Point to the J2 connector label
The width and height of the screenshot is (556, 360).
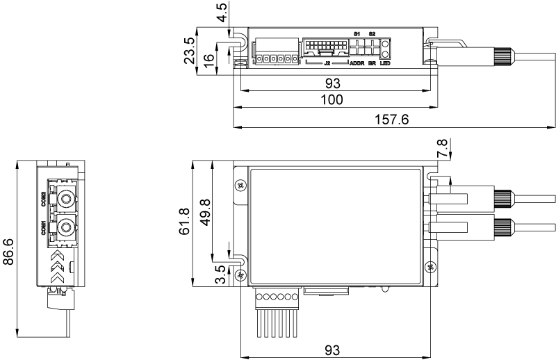click(x=327, y=64)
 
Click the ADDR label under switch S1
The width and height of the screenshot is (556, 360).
click(x=357, y=64)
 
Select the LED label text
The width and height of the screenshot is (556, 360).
click(x=384, y=64)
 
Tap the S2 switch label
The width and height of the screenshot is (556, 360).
click(x=373, y=33)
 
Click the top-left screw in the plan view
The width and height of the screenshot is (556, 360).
click(x=240, y=185)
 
